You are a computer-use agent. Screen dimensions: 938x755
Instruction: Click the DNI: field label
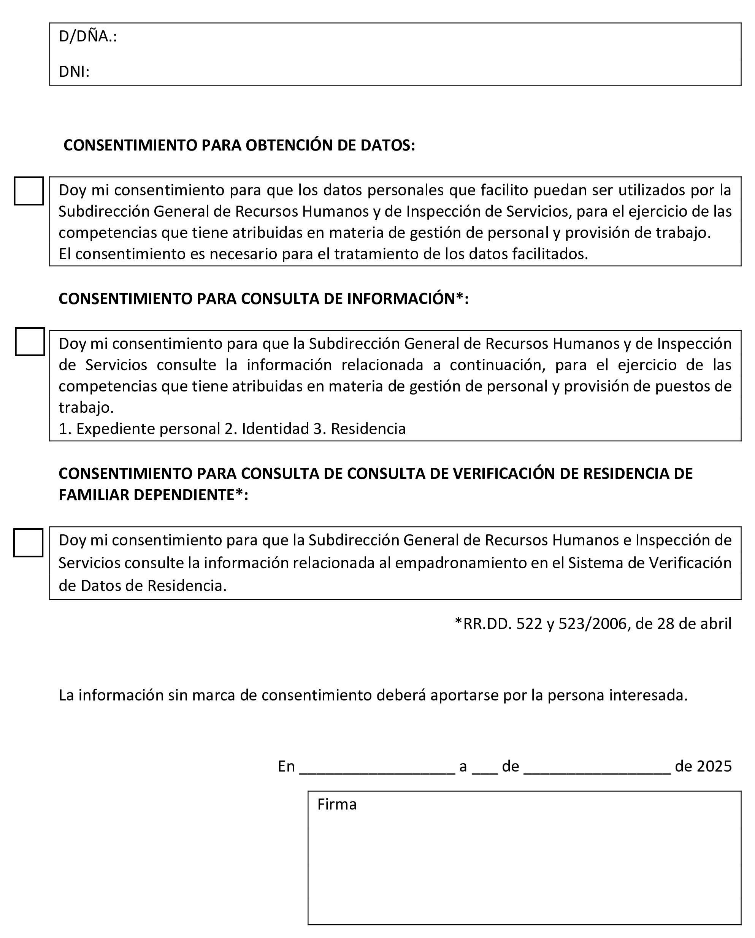click(x=74, y=72)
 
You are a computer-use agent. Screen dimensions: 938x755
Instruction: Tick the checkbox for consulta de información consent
click(x=30, y=342)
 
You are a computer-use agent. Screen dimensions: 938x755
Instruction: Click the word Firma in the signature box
click(x=337, y=805)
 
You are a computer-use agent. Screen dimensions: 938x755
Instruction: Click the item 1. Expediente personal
click(x=139, y=429)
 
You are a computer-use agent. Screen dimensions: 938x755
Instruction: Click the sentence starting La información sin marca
click(x=373, y=695)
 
